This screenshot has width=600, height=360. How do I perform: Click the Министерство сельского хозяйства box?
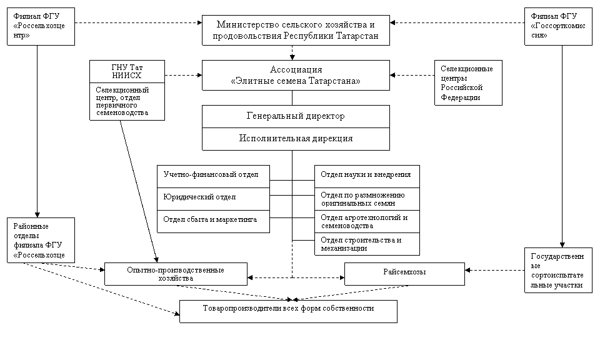[296, 31]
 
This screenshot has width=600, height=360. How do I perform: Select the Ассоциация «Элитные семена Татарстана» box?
[296, 76]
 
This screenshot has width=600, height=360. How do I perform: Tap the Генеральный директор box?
[296, 116]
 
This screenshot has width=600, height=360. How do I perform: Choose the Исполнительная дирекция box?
[296, 139]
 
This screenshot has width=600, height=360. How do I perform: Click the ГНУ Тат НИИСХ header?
[126, 72]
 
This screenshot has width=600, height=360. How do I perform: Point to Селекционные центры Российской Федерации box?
[467, 83]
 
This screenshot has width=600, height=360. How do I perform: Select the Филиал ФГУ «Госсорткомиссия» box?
[558, 27]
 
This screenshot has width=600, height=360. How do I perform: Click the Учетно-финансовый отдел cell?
[213, 176]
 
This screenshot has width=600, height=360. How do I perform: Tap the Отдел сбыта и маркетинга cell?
[213, 221]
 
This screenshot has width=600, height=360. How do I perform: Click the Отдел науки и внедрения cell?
[367, 176]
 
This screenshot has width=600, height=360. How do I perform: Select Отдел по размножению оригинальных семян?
[367, 199]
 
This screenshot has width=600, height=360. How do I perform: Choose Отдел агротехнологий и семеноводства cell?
[367, 221]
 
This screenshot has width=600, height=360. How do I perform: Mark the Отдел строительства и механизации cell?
[367, 244]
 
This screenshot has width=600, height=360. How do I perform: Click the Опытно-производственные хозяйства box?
[176, 274]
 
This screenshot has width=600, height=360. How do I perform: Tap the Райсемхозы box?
[404, 273]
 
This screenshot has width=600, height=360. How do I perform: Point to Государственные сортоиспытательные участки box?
[558, 270]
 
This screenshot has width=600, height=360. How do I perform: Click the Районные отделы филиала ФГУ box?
[41, 241]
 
